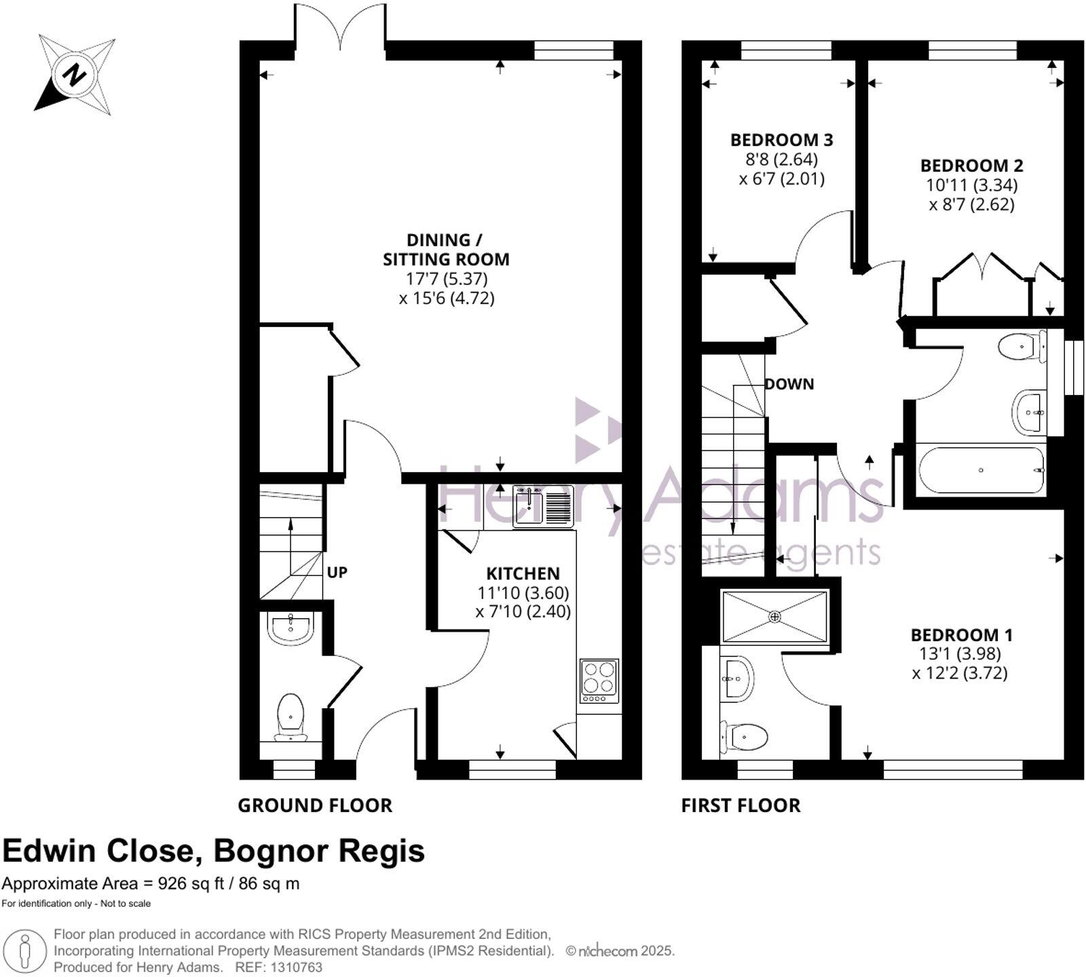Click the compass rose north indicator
[x=74, y=75]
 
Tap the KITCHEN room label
[x=523, y=573]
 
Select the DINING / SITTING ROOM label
[x=446, y=250]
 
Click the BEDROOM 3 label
[x=781, y=140]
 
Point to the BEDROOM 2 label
[x=971, y=166]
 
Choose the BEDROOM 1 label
[x=961, y=635]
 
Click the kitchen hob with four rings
[x=599, y=681]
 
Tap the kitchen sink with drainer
[x=544, y=506]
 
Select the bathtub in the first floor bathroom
[x=981, y=470]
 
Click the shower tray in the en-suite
[x=775, y=616]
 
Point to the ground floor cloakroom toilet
[x=291, y=717]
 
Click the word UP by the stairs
[x=337, y=573]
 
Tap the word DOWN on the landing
[x=789, y=384]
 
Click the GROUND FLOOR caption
[x=315, y=805]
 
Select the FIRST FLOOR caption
[x=741, y=805]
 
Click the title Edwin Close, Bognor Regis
[x=214, y=851]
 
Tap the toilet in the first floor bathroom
[x=1022, y=347]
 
